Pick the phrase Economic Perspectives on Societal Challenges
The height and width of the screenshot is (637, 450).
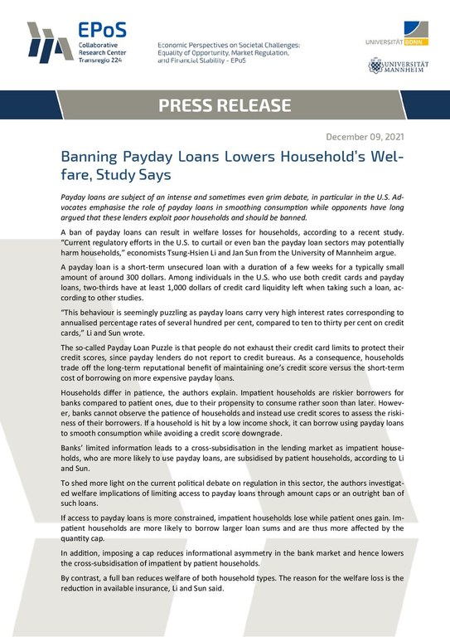pyautogui.click(x=228, y=44)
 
